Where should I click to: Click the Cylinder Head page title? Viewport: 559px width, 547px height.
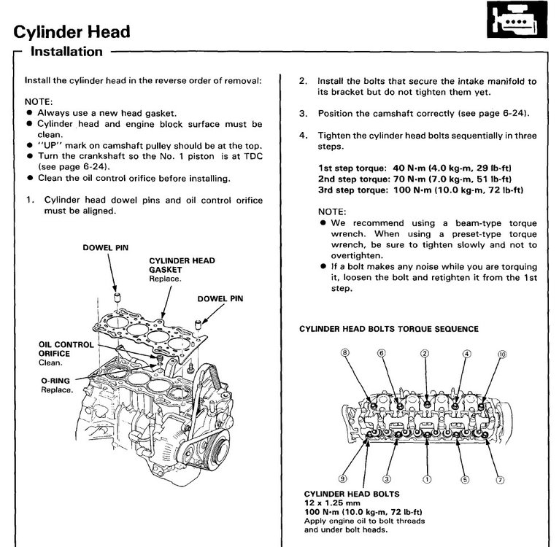tap(72, 31)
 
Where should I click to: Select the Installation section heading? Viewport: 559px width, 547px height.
tap(66, 52)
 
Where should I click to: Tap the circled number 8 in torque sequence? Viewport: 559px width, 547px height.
tap(345, 354)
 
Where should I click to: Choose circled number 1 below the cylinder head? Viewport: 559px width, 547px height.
tap(427, 479)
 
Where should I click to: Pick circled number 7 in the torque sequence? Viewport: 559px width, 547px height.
tap(500, 479)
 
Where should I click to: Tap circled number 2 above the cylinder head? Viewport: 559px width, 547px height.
tap(424, 354)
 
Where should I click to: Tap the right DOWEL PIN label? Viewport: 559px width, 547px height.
tap(221, 298)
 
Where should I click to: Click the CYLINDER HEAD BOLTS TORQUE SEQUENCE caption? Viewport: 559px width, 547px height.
tap(389, 329)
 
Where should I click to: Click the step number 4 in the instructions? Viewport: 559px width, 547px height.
tap(302, 136)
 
